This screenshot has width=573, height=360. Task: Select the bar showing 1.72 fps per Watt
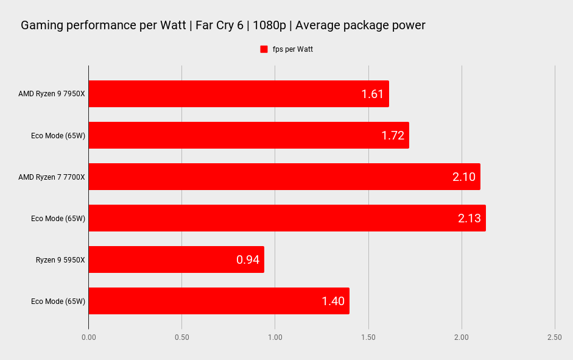(248, 135)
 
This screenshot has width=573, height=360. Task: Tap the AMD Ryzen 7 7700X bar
(284, 177)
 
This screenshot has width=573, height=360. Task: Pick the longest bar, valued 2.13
(287, 218)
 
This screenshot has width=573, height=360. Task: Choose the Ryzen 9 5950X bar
(176, 259)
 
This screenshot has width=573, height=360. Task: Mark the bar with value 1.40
(219, 301)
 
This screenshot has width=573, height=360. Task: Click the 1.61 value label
(372, 94)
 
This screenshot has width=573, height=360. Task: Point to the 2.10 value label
(463, 177)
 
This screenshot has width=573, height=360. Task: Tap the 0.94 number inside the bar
(248, 259)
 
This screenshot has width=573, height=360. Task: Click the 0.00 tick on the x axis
(88, 337)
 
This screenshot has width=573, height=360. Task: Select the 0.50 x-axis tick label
(181, 337)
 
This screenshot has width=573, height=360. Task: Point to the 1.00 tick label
(275, 337)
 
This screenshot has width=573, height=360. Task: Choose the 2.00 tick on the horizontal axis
(462, 337)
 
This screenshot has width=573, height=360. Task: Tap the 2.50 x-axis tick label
(554, 337)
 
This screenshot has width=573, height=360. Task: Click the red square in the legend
(264, 49)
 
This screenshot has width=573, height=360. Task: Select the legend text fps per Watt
(292, 49)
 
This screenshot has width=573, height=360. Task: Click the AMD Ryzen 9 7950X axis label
(52, 94)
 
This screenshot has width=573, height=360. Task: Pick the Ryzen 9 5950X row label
(60, 259)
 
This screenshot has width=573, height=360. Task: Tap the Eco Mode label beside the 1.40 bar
(58, 301)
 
